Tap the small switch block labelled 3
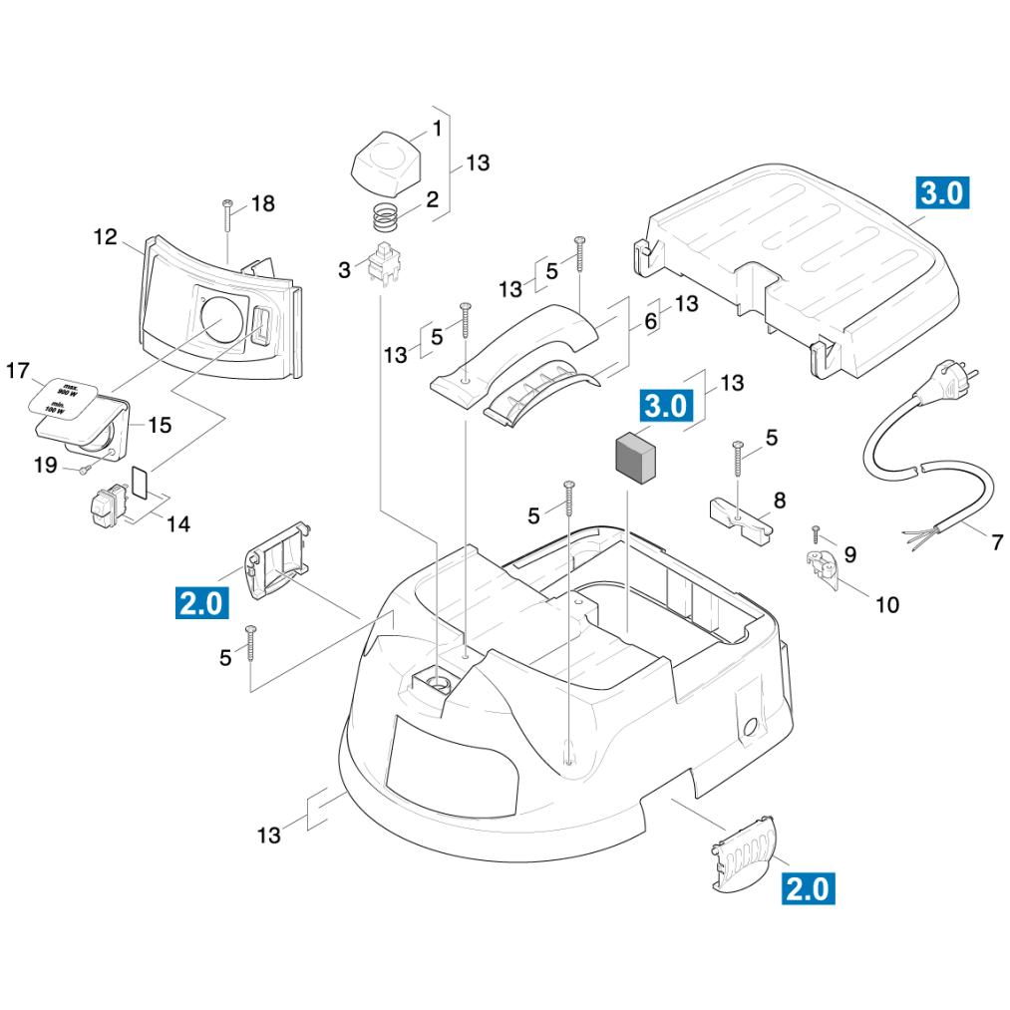click(x=382, y=264)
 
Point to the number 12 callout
click(x=106, y=237)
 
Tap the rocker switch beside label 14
click(x=107, y=504)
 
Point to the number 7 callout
click(x=996, y=543)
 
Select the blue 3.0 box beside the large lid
click(x=941, y=192)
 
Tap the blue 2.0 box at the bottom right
click(x=807, y=887)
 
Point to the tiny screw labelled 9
click(x=816, y=533)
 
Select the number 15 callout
click(x=160, y=426)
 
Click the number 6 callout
click(x=651, y=321)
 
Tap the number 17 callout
click(x=18, y=372)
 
